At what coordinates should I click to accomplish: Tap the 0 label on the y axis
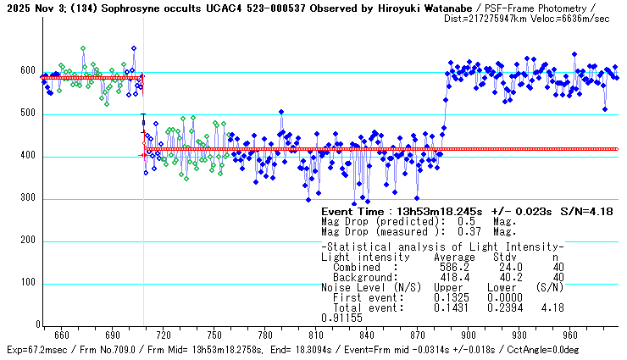tap(37, 325)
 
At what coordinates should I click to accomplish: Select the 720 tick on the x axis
tap(164, 335)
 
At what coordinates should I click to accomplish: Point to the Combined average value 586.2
tap(453, 267)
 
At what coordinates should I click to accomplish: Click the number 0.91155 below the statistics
tap(342, 318)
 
